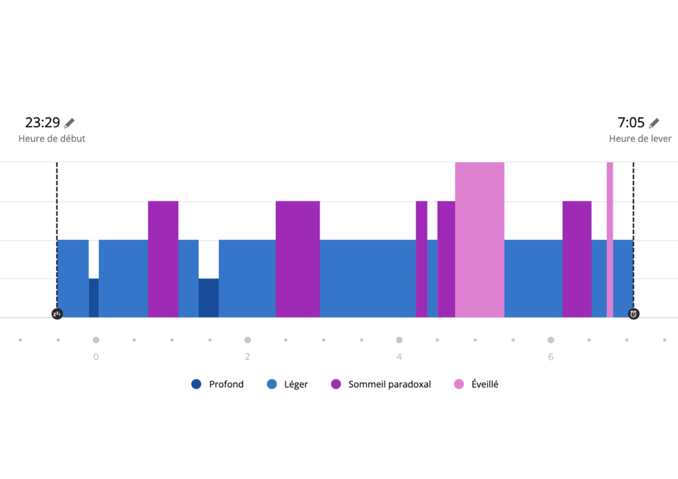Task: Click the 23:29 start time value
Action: (43, 123)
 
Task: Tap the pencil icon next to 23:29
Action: (69, 123)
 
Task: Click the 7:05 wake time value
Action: (631, 123)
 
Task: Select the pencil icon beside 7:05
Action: (654, 123)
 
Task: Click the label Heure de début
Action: (52, 139)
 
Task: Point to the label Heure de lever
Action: (640, 139)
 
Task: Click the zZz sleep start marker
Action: (57, 314)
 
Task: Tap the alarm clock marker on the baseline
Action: (634, 314)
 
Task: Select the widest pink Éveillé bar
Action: (480, 240)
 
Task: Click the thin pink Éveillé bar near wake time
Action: (610, 240)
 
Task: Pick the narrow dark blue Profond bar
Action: (94, 298)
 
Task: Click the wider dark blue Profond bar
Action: (209, 298)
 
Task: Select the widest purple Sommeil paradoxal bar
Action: (297, 259)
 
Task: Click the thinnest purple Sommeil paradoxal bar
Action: (422, 259)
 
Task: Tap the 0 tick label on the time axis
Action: (96, 357)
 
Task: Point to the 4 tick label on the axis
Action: (399, 357)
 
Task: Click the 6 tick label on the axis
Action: (551, 357)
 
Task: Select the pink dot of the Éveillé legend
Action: (459, 384)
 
